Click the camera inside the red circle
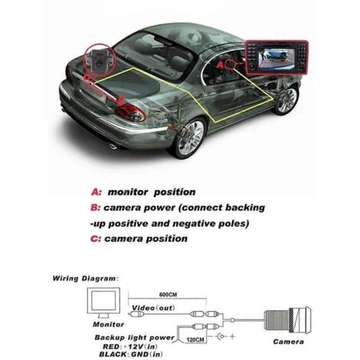click(96, 59)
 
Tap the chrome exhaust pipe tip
click(113, 146)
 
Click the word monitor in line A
click(128, 192)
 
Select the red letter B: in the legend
click(96, 208)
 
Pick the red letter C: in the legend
click(96, 239)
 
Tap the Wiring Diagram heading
click(85, 279)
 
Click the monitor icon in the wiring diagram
click(103, 303)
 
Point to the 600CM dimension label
click(168, 294)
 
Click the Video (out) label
click(153, 308)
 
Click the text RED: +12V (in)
click(130, 347)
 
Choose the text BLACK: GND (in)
click(131, 355)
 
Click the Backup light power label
click(135, 338)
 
